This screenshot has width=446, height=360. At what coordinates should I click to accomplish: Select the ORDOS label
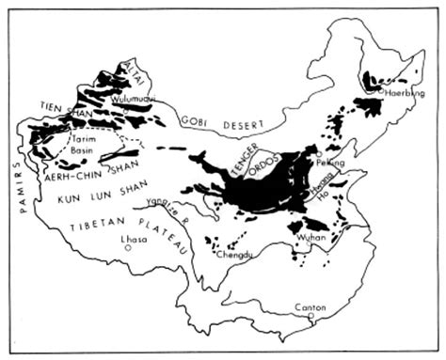[264, 173]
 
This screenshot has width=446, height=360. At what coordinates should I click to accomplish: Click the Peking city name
[334, 163]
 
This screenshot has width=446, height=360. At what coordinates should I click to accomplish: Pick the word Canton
[311, 307]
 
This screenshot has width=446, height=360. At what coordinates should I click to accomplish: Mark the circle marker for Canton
[311, 317]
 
